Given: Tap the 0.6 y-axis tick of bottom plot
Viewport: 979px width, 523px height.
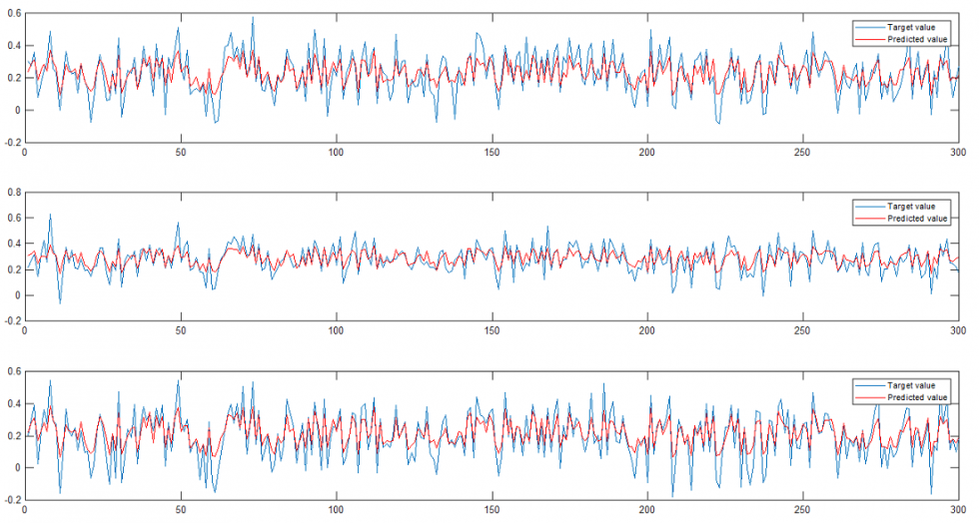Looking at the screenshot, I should tap(11, 371).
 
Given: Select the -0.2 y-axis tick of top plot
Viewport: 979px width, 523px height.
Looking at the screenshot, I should tap(10, 143).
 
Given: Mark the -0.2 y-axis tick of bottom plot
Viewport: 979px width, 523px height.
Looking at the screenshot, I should tap(10, 500).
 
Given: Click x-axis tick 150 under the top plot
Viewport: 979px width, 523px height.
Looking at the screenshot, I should tap(491, 153).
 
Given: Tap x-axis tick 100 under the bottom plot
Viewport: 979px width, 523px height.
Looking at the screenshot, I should tap(336, 509).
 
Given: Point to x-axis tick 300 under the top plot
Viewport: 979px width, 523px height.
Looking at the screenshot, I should tap(957, 153).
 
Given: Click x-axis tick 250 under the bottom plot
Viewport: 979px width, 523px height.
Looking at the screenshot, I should tap(802, 509).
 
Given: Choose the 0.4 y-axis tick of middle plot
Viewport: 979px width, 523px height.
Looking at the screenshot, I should tap(11, 243).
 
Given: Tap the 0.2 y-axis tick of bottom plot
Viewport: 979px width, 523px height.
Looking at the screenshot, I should tap(11, 435).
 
